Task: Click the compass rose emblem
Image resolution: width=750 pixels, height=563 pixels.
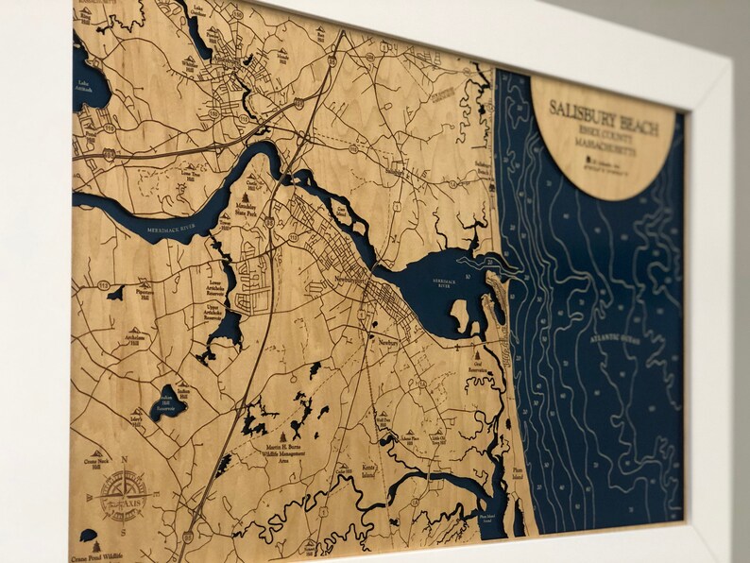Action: (122, 495)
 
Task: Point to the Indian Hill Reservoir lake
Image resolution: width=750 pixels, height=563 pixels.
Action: (168, 402)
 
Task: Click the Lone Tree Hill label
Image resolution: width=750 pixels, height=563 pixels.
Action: (192, 172)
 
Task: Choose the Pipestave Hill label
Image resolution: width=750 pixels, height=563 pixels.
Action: (143, 292)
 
